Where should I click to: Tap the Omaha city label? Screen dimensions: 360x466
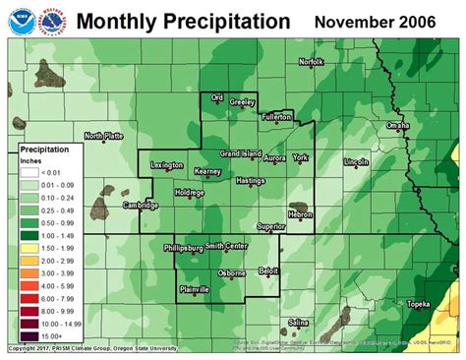(397, 126)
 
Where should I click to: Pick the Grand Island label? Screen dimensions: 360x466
(240, 154)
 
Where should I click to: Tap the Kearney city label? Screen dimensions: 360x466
(207, 172)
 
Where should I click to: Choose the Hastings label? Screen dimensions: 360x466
(251, 181)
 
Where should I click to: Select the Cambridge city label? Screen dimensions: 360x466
(141, 205)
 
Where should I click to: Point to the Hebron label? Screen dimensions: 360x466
(300, 214)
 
